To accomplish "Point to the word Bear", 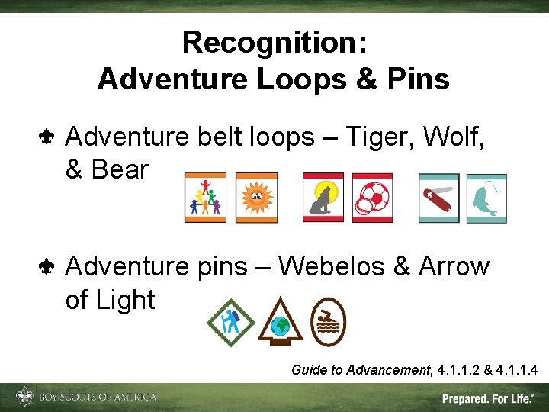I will pos(118,170).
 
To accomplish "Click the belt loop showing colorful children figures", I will pos(205,198).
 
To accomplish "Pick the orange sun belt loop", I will pos(256,198).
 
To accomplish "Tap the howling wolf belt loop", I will pos(323,198).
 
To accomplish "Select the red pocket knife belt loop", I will pos(438,198).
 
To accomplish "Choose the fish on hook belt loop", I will pos(486,198).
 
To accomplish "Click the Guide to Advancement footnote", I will pos(415,370).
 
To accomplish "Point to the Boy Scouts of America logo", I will pos(86,397).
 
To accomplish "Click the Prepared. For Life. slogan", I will pos(488,398).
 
